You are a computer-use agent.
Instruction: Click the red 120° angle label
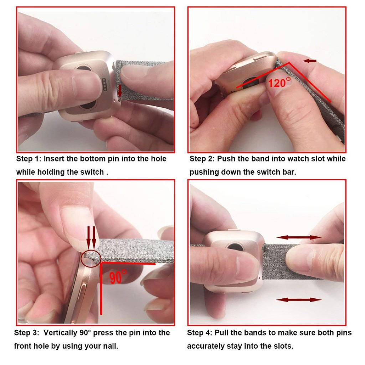pos(279,82)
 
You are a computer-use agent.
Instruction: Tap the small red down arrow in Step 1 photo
pos(120,91)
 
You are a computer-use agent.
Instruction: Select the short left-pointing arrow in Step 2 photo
pos(310,61)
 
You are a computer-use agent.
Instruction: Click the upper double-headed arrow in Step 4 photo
pos(299,237)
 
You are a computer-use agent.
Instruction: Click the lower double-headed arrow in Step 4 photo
pos(299,300)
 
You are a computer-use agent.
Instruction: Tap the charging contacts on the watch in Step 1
pos(104,84)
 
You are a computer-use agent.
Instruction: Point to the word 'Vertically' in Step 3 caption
pos(60,333)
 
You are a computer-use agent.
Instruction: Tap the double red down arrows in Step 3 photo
pos(91,238)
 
